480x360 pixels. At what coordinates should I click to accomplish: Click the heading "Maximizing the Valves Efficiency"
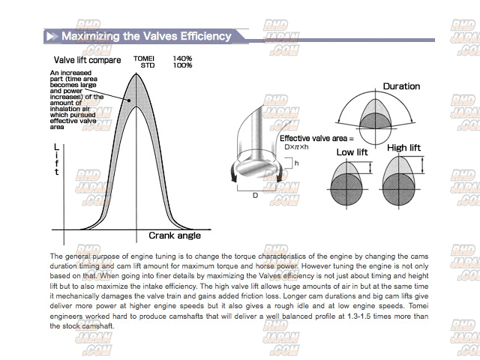point(146,36)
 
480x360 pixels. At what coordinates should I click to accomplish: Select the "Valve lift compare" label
point(87,60)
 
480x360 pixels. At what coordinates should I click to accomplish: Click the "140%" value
point(182,58)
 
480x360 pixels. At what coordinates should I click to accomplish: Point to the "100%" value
point(182,65)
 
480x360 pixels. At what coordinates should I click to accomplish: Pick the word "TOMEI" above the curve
point(144,58)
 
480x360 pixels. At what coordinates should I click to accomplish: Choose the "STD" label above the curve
point(147,65)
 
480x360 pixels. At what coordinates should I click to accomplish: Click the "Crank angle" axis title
point(175,235)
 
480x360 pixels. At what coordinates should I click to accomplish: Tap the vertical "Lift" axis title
point(56,159)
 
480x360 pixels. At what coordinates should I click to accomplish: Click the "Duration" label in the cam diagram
point(401,86)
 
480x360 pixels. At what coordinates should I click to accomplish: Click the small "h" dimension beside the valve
point(296,163)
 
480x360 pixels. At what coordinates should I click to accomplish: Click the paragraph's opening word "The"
point(57,256)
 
